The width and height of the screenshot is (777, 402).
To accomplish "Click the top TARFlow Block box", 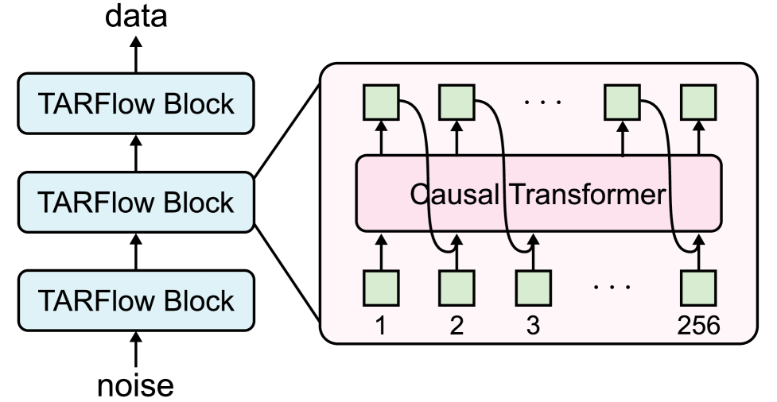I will point(136,103).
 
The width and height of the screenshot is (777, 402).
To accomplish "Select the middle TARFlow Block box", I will point(136,202).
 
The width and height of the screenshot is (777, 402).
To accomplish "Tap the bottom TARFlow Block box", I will point(136,300).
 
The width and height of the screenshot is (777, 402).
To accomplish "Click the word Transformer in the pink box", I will point(587,194).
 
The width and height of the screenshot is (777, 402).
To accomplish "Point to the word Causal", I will point(456,194).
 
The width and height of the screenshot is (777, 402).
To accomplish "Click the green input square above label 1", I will point(380,288).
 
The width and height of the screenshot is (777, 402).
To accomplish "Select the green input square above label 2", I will point(456,288).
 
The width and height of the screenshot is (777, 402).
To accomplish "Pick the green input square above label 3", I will point(533,288).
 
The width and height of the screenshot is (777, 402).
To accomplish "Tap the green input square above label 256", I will point(699,288).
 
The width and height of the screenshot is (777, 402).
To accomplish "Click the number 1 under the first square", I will point(380,327).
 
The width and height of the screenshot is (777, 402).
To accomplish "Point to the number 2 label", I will point(456,327).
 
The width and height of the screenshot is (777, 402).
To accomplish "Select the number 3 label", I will point(533,327).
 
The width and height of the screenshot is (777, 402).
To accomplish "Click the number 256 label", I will point(699,327).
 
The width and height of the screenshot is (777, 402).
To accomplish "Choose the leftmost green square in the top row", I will point(380,101).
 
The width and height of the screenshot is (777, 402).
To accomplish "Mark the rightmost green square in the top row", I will point(699,101).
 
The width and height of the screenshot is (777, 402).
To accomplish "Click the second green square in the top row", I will point(456,101).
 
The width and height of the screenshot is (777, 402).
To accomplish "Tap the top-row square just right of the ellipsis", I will point(622,101).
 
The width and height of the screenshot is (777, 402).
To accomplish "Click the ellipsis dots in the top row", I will point(545,102).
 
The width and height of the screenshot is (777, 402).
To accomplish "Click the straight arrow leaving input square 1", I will point(380,252).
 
